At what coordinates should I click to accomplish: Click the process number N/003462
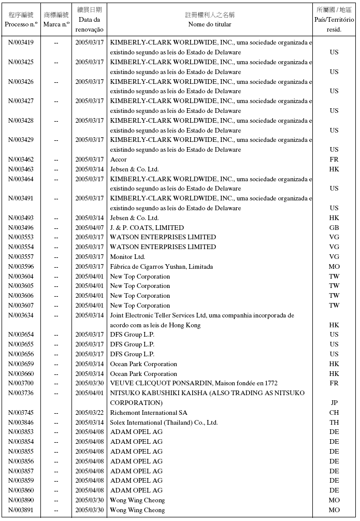(21, 160)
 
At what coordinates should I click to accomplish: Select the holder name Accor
(118, 160)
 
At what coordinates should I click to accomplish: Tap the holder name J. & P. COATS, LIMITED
(147, 228)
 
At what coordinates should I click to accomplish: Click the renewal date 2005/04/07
(90, 228)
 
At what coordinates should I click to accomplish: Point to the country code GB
(334, 228)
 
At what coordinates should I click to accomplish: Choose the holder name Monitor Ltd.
(127, 257)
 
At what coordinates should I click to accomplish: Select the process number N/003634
(21, 315)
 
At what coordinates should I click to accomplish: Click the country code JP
(334, 403)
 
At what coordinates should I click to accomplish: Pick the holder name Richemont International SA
(149, 413)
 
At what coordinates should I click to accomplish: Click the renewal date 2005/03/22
(90, 413)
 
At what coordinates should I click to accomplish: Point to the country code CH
(334, 413)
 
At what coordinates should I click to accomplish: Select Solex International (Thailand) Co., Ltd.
(164, 423)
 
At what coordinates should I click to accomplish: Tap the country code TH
(334, 423)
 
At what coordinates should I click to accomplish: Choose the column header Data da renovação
(90, 24)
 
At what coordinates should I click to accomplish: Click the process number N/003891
(21, 510)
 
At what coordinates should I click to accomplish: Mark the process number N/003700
(21, 383)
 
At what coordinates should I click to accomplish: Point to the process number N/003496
(21, 228)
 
